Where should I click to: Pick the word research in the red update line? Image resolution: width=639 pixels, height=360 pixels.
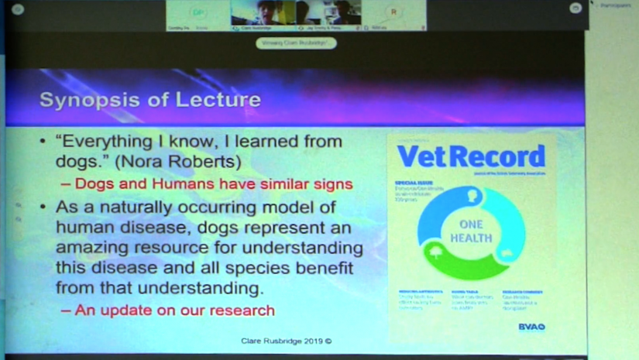pyautogui.click(x=240, y=310)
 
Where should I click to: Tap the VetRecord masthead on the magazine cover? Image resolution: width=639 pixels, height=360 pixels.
pyautogui.click(x=471, y=156)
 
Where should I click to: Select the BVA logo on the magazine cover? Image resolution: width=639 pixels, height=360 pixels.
pyautogui.click(x=531, y=327)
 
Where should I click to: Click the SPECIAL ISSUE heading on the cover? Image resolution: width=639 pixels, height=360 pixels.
pyautogui.click(x=412, y=185)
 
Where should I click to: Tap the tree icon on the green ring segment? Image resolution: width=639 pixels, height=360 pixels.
pyautogui.click(x=438, y=252)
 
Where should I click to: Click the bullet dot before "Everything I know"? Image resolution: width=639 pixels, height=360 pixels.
pyautogui.click(x=43, y=142)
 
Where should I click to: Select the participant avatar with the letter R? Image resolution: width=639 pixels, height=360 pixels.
pyautogui.click(x=395, y=12)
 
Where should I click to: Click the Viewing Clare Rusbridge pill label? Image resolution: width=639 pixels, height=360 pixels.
pyautogui.click(x=296, y=43)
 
